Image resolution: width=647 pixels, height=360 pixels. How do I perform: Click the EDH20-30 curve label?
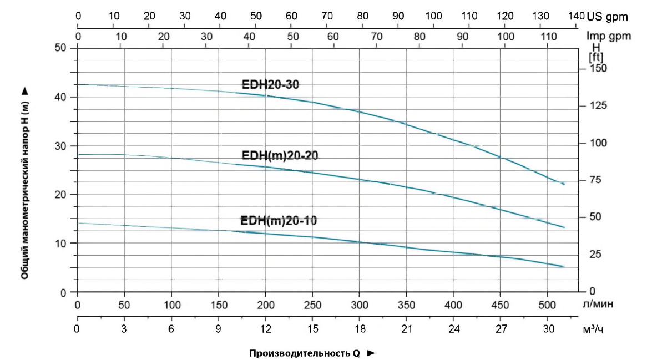pyautogui.click(x=271, y=85)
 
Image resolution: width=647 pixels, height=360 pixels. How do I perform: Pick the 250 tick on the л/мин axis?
pyautogui.click(x=313, y=305)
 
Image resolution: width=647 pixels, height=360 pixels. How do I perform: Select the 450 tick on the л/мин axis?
pyautogui.click(x=501, y=305)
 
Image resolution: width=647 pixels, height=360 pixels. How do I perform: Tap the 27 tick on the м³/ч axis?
pyautogui.click(x=501, y=329)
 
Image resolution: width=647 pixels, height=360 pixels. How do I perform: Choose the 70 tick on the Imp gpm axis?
pyautogui.click(x=377, y=36)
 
